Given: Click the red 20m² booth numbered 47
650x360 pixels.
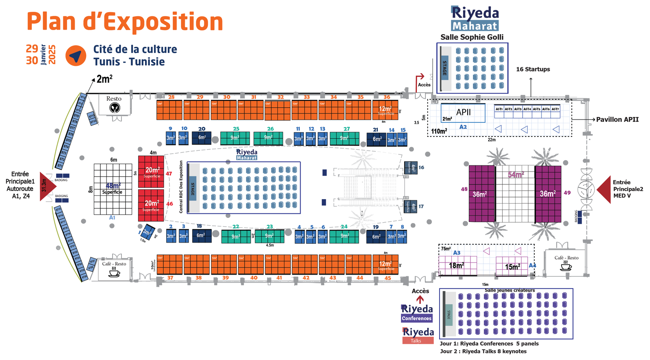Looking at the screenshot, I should tap(151, 171).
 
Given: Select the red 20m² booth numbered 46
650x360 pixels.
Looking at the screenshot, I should tap(151, 205).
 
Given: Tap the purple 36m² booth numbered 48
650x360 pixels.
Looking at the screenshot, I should tap(482, 194).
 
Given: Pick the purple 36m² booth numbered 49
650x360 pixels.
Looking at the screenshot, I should tap(548, 194).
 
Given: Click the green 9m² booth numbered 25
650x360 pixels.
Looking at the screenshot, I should tap(235, 138).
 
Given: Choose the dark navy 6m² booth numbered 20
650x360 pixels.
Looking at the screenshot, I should tap(201, 138).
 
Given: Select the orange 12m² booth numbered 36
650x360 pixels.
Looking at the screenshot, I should tap(385, 110).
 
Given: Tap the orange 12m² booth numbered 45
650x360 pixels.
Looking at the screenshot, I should tap(386, 265).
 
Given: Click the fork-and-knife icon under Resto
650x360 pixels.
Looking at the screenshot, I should tap(115, 108).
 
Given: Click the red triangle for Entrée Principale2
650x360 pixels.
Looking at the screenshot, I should tap(604, 189).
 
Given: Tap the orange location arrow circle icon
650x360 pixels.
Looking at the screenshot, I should tap(76, 56).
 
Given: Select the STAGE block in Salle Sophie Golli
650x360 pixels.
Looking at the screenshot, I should tap(445, 68).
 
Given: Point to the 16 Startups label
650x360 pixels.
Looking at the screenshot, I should tap(533, 69).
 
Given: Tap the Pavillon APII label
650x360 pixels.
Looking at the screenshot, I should tap(617, 119).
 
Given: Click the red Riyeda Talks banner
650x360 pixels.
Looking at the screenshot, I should tap(418, 340).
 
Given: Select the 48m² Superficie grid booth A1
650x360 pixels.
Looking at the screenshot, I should tap(113, 189).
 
